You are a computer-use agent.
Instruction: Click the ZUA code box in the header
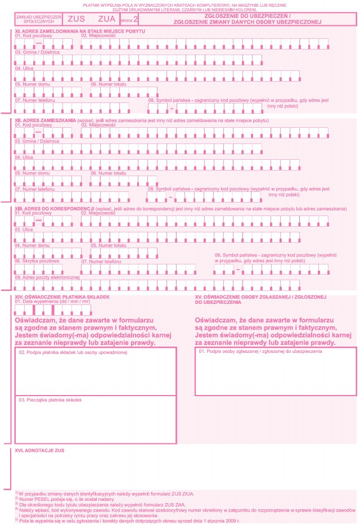pyautogui.click(x=106, y=19)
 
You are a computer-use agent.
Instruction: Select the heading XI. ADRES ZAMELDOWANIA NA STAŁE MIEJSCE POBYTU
pyautogui.click(x=71, y=30)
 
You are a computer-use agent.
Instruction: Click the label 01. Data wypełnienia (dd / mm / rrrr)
pyautogui.click(x=53, y=302)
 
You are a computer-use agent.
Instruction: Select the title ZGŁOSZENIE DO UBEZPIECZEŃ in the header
pyautogui.click(x=247, y=16)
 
